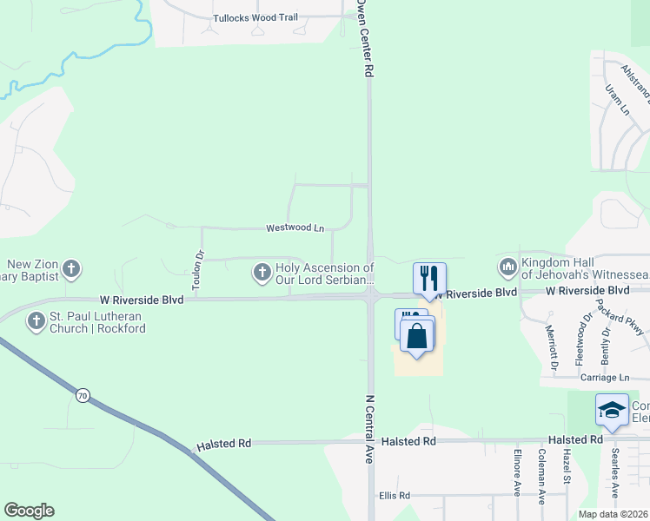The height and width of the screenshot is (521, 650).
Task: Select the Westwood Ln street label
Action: click(x=295, y=228)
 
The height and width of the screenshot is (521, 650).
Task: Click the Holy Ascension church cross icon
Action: click(x=261, y=274)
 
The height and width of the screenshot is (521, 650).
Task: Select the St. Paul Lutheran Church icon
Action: click(x=36, y=322)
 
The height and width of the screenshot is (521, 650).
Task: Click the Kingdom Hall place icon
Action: click(x=507, y=266)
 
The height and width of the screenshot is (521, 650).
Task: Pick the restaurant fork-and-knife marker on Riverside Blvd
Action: click(x=429, y=278)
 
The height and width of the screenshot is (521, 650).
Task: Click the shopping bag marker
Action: click(x=418, y=336)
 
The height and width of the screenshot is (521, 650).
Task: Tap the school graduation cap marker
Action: click(x=612, y=409)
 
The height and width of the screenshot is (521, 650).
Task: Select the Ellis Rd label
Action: click(x=394, y=496)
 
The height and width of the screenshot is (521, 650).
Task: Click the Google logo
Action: click(x=29, y=511)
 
